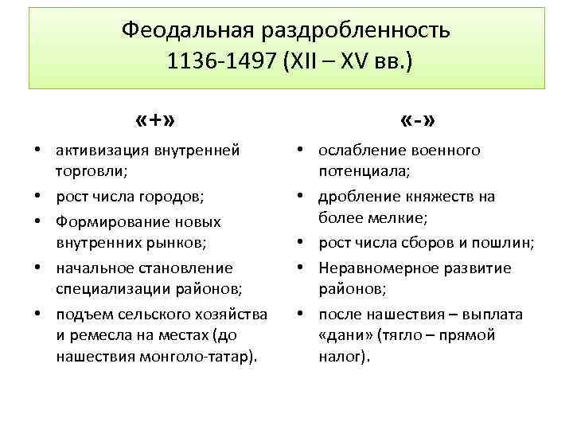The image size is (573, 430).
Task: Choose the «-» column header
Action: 418,121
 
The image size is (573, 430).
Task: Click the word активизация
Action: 102,149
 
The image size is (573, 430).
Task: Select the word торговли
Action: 89,170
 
